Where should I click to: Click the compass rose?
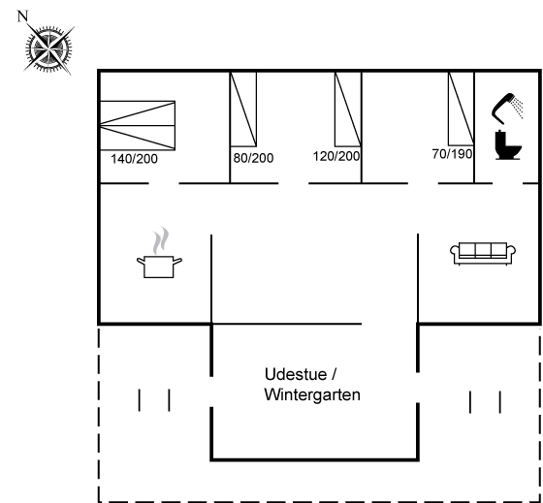tap(48, 49)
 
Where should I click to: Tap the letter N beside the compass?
tap(22, 16)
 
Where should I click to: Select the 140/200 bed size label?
tap(134, 159)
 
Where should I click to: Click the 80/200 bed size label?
tap(253, 158)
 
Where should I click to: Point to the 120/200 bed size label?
tap(336, 156)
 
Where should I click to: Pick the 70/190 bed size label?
tap(452, 154)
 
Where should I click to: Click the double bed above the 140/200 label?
tap(138, 126)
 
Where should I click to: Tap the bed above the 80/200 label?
tap(243, 110)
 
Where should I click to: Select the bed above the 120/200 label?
tap(348, 110)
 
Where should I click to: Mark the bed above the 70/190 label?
tap(462, 109)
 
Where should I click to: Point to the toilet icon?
tap(508, 144)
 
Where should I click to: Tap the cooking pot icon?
tap(159, 267)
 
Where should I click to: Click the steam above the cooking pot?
tap(161, 240)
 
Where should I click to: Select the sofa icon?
tap(483, 254)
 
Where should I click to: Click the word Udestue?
tap(296, 374)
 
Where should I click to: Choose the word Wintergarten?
tap(312, 394)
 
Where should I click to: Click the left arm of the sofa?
tap(455, 252)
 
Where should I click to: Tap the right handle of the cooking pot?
tap(177, 261)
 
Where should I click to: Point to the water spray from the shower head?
tap(518, 108)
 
